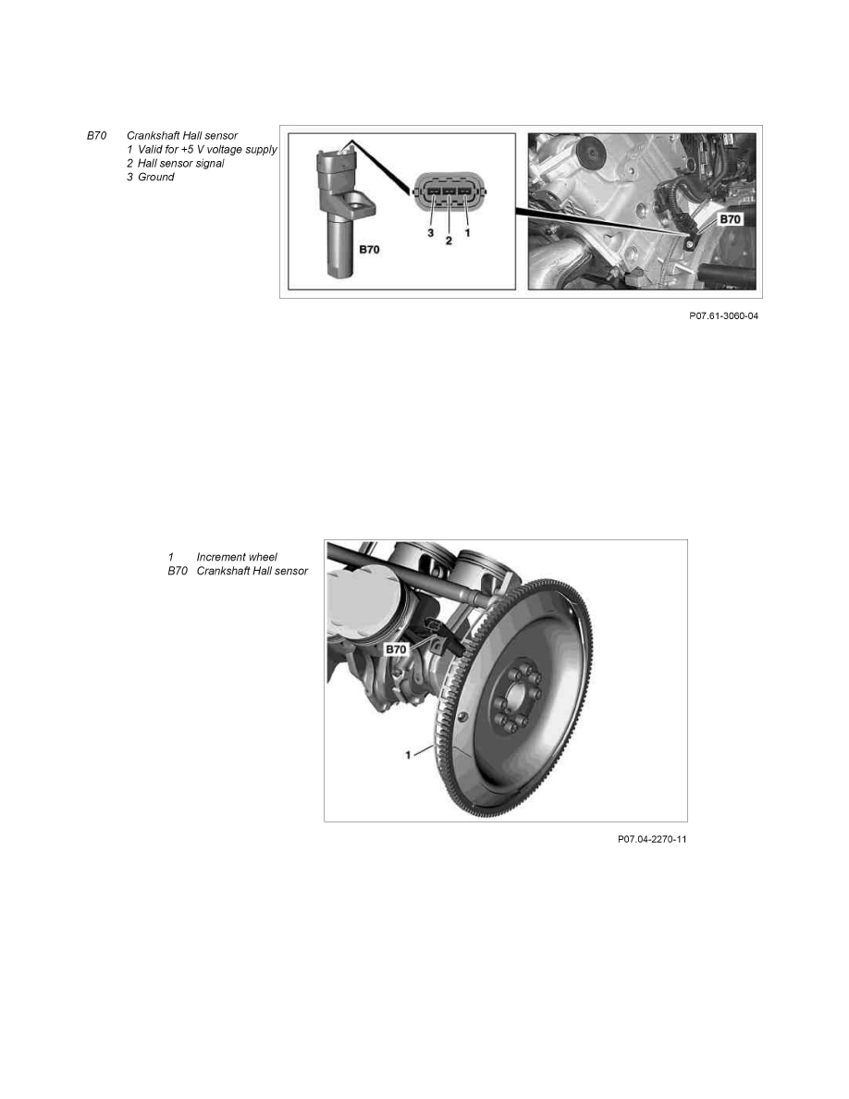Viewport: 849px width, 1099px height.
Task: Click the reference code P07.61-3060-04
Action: pyautogui.click(x=723, y=316)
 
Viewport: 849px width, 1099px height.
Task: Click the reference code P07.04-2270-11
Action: pyautogui.click(x=652, y=839)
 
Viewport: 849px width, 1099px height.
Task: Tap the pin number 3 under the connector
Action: pyautogui.click(x=430, y=233)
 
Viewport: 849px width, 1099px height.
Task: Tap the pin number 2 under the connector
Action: pyautogui.click(x=449, y=241)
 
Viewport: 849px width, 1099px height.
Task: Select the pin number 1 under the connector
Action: pyautogui.click(x=467, y=230)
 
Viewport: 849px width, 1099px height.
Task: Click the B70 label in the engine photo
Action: pyautogui.click(x=730, y=219)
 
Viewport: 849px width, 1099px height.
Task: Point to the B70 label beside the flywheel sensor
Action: pyautogui.click(x=396, y=649)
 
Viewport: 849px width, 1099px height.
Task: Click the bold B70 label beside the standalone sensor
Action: pyautogui.click(x=369, y=250)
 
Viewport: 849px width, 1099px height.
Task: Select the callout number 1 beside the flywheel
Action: pyautogui.click(x=409, y=755)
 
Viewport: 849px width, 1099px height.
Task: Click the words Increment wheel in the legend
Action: pyautogui.click(x=237, y=557)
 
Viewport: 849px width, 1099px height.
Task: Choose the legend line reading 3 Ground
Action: pyautogui.click(x=150, y=178)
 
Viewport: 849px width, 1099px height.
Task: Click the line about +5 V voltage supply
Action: pyautogui.click(x=202, y=150)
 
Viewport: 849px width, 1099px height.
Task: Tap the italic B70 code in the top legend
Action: pyautogui.click(x=97, y=136)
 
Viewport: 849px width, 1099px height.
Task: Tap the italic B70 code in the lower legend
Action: pyautogui.click(x=178, y=571)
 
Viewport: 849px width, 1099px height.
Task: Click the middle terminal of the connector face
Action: pyautogui.click(x=449, y=191)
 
